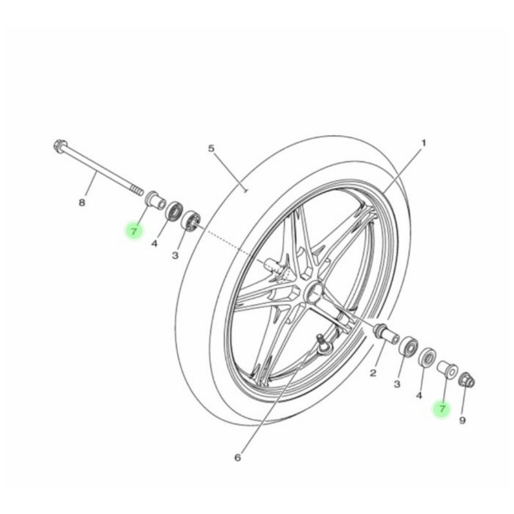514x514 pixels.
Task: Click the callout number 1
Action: (423, 143)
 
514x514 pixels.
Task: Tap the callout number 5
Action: (211, 148)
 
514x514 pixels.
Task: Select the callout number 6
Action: (238, 457)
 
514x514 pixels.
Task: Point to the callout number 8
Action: (82, 202)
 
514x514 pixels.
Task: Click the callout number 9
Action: (462, 420)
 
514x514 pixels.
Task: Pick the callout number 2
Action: (373, 373)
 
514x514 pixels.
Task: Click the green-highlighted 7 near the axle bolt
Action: (134, 231)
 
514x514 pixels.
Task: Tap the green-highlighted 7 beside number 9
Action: (442, 409)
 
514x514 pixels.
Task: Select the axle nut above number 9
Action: (467, 380)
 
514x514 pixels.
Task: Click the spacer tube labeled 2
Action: (387, 333)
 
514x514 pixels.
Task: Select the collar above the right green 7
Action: (447, 368)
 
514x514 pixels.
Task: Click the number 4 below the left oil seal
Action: (154, 244)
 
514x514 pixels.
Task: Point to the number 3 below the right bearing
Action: (397, 384)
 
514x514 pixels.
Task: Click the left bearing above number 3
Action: (191, 220)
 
